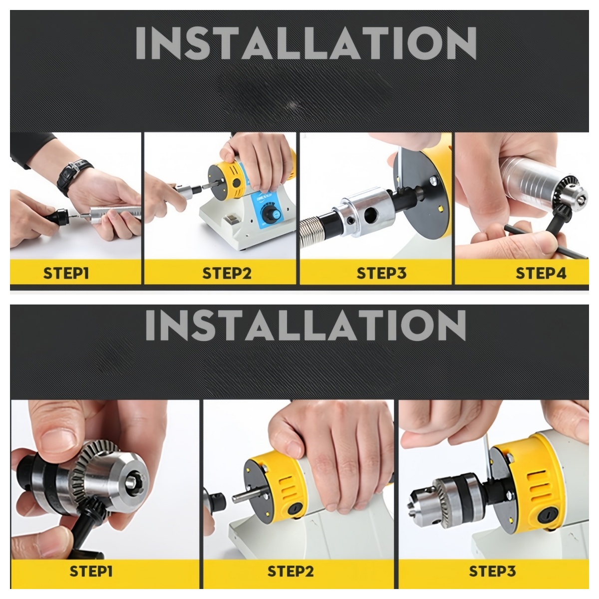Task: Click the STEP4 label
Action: click(541, 273)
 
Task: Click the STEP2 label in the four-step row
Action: click(227, 273)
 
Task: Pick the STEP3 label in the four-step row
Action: click(381, 273)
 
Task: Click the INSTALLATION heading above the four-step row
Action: click(305, 44)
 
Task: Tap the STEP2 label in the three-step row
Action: click(291, 571)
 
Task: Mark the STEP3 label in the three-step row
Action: click(492, 571)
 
